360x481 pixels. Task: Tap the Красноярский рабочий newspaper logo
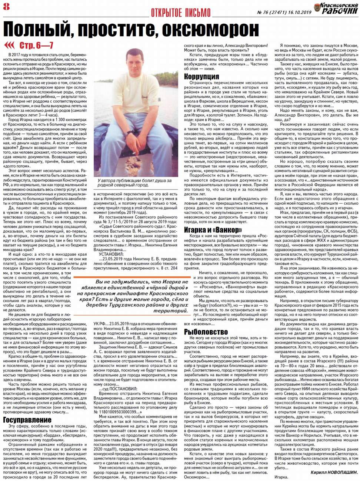coord(336,8)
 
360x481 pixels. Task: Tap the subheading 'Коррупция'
coord(201,77)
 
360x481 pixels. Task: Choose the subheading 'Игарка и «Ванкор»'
coord(213,230)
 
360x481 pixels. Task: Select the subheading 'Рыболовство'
coord(206,332)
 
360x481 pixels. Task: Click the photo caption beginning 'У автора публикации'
coord(134,183)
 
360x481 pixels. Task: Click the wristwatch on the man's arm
coord(128,132)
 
